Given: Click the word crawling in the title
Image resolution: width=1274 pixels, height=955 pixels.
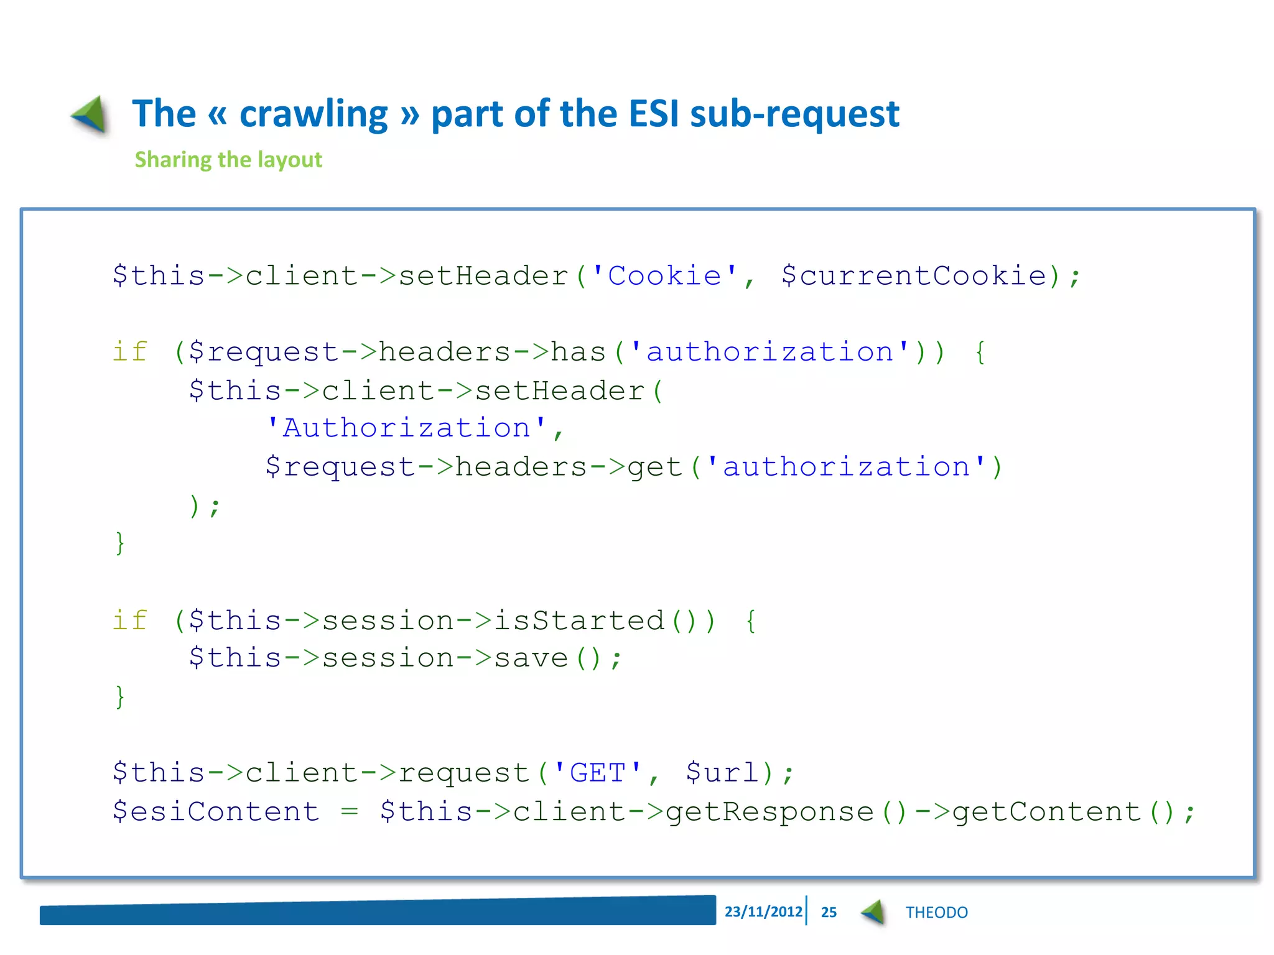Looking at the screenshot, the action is (x=314, y=114).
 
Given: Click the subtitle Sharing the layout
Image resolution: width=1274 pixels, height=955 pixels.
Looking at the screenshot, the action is (x=228, y=160).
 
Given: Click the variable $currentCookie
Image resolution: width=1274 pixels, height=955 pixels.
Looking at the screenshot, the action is (x=914, y=275).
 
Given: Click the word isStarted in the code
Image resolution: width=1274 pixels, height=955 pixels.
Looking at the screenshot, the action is (x=579, y=621).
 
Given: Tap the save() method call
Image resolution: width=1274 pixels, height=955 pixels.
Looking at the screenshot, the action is (x=547, y=658).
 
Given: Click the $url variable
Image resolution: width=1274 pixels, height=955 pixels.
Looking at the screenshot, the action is (x=722, y=773).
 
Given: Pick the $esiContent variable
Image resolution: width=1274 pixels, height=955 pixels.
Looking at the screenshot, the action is (x=215, y=811).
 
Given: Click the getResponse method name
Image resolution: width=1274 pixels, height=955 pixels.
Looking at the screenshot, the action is (x=770, y=811).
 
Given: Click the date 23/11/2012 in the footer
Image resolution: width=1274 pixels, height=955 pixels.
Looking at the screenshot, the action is (x=763, y=911).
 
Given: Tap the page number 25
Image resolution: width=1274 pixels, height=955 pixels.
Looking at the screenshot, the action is (x=829, y=912).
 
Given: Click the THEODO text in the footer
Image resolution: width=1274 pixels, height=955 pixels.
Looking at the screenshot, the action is (x=936, y=912).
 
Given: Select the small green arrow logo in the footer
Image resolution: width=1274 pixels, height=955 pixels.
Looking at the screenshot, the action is (x=873, y=912).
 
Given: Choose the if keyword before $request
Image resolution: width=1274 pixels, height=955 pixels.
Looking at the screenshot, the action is (x=130, y=352).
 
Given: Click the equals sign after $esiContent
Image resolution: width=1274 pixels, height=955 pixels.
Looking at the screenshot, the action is (x=350, y=811).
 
